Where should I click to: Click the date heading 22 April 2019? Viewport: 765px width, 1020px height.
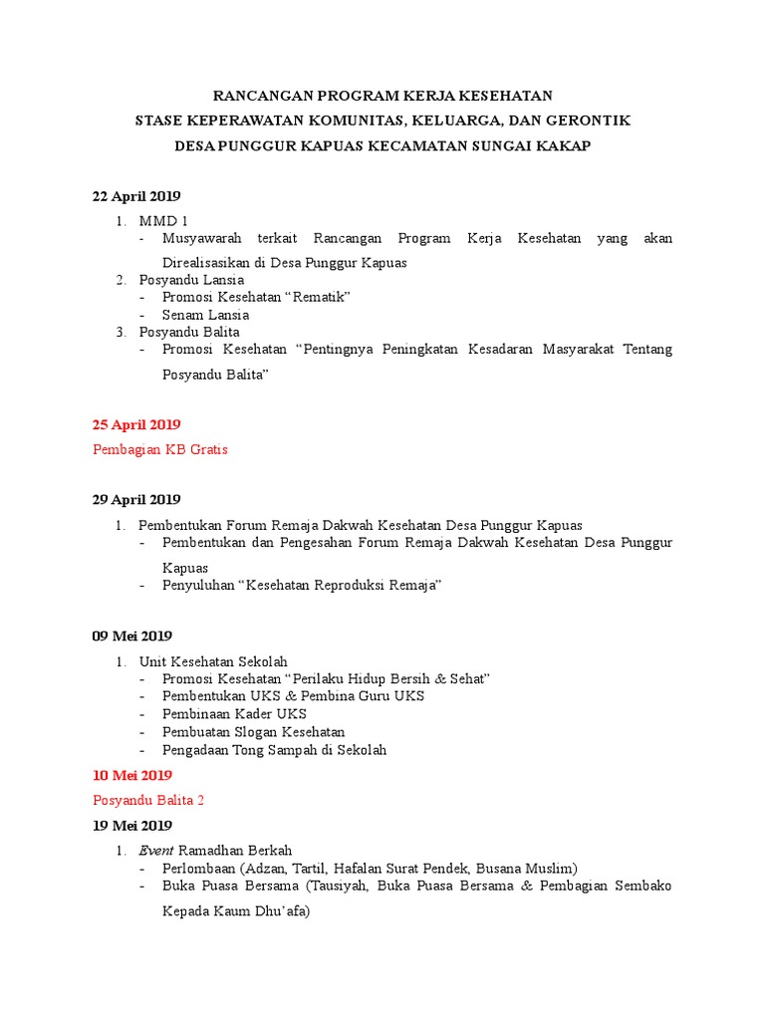[x=136, y=195]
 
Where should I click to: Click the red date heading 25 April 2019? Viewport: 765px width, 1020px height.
[x=136, y=424]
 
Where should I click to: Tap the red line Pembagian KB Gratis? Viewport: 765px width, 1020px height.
[x=160, y=449]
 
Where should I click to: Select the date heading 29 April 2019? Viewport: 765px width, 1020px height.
[x=136, y=499]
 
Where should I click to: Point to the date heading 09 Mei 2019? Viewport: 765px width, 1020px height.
[x=132, y=636]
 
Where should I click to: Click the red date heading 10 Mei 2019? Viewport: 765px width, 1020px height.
[x=132, y=775]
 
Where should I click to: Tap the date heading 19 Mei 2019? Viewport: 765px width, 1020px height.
[x=132, y=825]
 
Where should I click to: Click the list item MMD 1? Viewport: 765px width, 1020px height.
[x=163, y=220]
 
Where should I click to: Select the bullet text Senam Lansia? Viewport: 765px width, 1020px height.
[x=206, y=315]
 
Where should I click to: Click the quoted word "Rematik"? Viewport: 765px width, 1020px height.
[x=320, y=297]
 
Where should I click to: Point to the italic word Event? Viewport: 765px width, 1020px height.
[x=156, y=850]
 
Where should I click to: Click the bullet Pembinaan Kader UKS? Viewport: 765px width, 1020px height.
[x=234, y=714]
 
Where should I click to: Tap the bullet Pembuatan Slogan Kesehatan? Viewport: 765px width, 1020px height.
[x=254, y=732]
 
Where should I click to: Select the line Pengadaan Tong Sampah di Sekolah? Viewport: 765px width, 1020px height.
[x=274, y=750]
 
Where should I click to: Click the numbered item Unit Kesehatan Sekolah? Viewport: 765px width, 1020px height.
[x=213, y=660]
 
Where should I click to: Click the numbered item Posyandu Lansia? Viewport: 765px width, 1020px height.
[x=191, y=280]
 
